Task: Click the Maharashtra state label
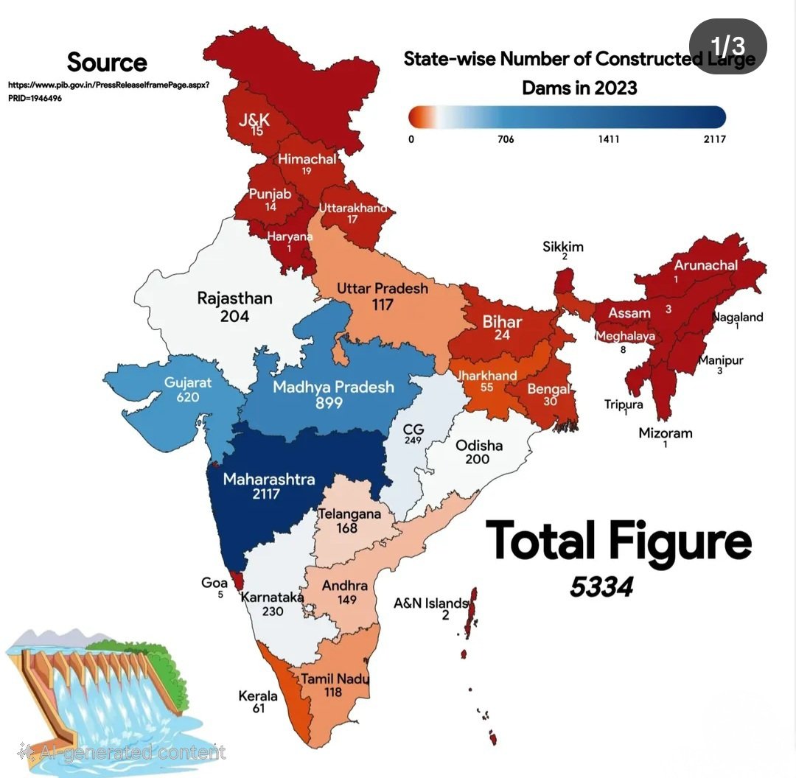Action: click(268, 480)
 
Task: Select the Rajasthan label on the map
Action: click(234, 298)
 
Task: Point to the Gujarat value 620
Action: click(188, 397)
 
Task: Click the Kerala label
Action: click(258, 695)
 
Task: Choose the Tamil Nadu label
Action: click(334, 679)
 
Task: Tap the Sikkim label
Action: click(563, 246)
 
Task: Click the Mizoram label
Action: click(666, 432)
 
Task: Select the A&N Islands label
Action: click(431, 603)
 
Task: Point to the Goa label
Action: click(214, 583)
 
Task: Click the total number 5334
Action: click(601, 586)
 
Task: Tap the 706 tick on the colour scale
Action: click(505, 139)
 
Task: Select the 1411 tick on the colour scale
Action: click(608, 139)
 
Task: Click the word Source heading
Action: click(107, 62)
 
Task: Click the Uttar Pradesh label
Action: click(382, 288)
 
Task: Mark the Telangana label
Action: click(349, 514)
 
